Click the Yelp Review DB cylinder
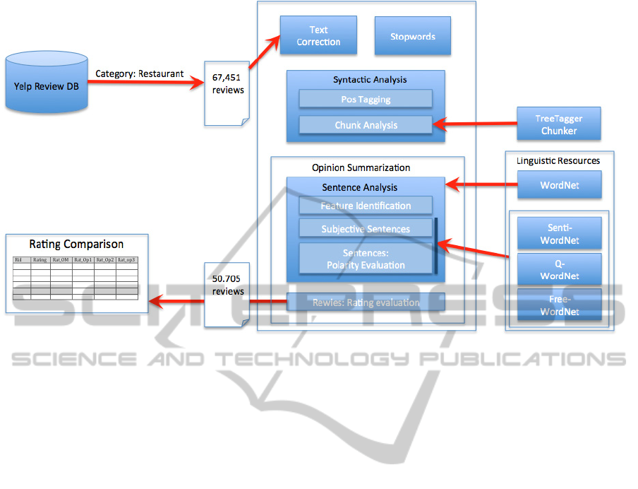tap(47, 86)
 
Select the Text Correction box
tap(318, 36)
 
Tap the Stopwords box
tap(413, 36)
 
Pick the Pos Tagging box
tap(366, 99)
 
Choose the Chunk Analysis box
tap(366, 125)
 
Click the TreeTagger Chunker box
tap(558, 124)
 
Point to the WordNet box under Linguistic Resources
tap(559, 186)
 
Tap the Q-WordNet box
tap(559, 269)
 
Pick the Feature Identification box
tap(366, 206)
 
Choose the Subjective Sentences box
tap(366, 228)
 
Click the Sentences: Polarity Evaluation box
tap(366, 259)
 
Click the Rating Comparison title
tap(76, 245)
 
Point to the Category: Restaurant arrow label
tap(140, 73)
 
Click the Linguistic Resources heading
tap(559, 160)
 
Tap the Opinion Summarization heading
tap(361, 167)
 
